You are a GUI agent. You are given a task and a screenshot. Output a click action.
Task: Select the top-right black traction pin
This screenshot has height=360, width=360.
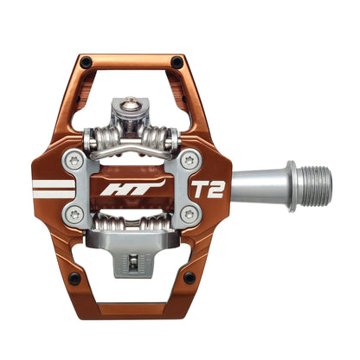(x=177, y=61)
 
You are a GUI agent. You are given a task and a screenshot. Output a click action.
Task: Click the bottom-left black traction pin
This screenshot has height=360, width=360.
(x=74, y=278)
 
